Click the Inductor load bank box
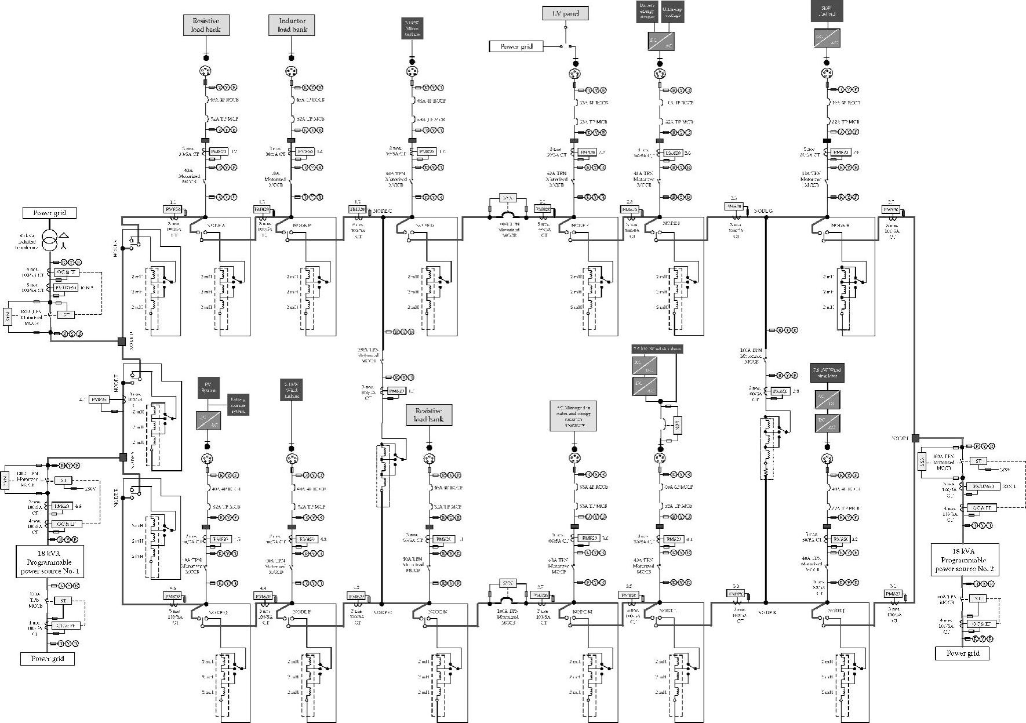[292, 25]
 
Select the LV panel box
[565, 13]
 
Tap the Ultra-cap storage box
[672, 12]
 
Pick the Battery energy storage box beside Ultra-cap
[647, 12]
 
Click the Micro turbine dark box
[412, 28]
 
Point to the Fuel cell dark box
[827, 11]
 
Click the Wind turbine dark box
[292, 390]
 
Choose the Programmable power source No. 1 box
[50, 561]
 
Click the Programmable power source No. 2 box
[965, 559]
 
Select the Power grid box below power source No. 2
[963, 653]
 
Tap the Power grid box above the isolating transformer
[49, 213]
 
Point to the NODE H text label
[840, 225]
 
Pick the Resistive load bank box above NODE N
[428, 415]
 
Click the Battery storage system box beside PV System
[238, 401]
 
